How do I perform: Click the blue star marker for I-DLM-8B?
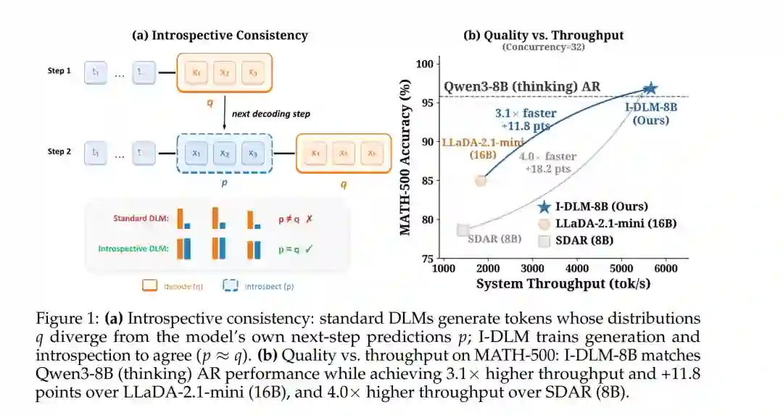click(x=650, y=88)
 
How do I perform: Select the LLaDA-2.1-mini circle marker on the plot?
click(x=480, y=180)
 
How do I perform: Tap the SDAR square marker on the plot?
click(x=463, y=230)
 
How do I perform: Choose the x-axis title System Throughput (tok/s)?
click(x=563, y=283)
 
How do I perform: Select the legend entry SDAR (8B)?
click(x=584, y=240)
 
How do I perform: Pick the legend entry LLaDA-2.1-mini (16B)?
click(x=616, y=223)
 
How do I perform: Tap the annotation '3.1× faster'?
click(x=526, y=113)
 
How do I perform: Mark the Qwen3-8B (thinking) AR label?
click(x=522, y=88)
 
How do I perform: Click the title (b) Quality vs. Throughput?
click(x=543, y=35)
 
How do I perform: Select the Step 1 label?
click(x=60, y=71)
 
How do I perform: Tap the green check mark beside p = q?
click(x=309, y=248)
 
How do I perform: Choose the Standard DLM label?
click(x=141, y=217)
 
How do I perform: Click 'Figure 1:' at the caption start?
click(x=63, y=318)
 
